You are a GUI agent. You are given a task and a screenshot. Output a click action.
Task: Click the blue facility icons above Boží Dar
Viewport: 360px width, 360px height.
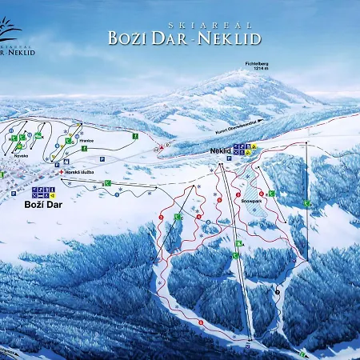pyautogui.click(x=42, y=192)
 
